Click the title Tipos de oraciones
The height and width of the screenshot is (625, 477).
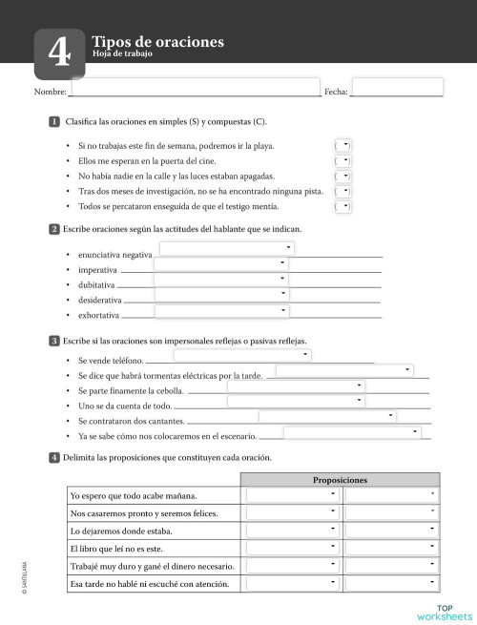157,42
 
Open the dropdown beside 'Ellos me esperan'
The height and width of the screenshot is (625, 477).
343,160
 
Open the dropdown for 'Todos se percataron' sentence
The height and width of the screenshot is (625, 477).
343,205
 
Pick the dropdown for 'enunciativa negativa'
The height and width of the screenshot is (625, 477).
226,249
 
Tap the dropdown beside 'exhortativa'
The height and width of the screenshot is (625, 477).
220,311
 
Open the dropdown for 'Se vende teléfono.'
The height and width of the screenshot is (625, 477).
242,355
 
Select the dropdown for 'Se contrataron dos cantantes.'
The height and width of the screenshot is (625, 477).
326,416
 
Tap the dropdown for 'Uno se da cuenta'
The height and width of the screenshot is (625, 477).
295,401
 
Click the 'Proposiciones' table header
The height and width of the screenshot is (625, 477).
340,480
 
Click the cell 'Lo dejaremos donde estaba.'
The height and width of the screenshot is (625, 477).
121,531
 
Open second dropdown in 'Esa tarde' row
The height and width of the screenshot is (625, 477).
391,583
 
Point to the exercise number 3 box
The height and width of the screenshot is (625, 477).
54,341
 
